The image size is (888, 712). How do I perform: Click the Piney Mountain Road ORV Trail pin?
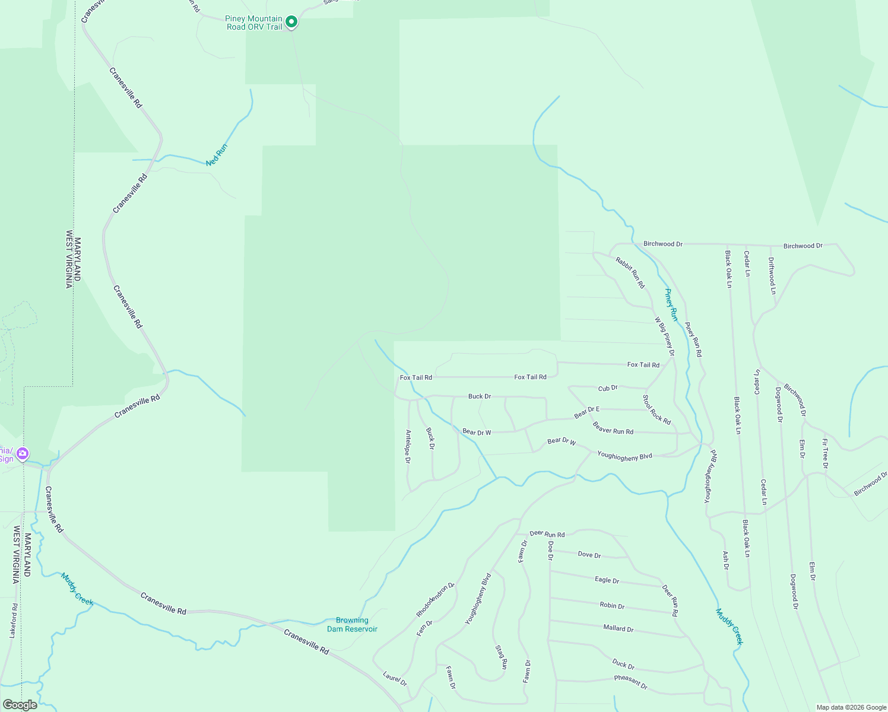click(x=291, y=22)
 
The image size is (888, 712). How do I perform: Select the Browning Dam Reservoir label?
click(x=352, y=625)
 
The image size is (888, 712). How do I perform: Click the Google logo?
click(x=20, y=705)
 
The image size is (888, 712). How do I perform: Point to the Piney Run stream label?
click(x=671, y=304)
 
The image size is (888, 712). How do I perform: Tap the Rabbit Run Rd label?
click(x=630, y=272)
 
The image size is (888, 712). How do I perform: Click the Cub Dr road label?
click(x=608, y=388)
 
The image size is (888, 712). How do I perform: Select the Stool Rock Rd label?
click(x=657, y=409)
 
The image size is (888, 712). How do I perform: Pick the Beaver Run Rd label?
click(x=613, y=428)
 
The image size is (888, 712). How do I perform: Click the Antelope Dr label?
click(x=408, y=446)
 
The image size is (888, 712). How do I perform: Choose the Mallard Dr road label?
click(x=618, y=628)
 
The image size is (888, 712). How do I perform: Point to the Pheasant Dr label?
click(x=630, y=682)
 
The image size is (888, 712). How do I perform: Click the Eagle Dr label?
click(x=607, y=580)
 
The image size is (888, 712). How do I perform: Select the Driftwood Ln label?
click(x=772, y=275)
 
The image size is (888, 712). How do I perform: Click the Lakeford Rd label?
click(x=13, y=621)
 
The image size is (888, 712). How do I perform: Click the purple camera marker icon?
click(x=23, y=454)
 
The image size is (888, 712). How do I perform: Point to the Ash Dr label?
click(x=725, y=560)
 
